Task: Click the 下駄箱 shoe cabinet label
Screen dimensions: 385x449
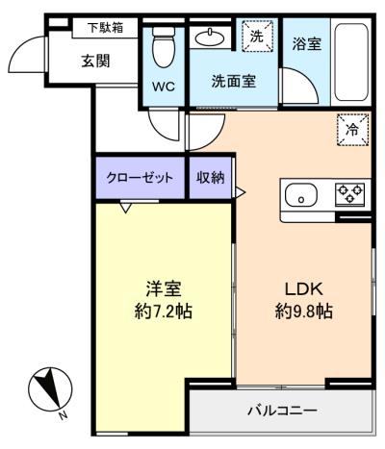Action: click(106, 28)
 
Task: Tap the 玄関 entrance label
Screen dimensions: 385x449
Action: click(95, 61)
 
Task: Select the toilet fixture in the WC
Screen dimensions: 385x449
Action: click(164, 47)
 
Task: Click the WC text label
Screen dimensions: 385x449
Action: click(164, 87)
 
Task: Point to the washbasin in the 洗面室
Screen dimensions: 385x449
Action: click(210, 38)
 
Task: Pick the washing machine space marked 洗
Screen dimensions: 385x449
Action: click(257, 36)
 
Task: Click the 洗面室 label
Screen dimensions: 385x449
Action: click(234, 82)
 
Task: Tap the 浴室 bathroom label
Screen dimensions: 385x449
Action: click(307, 44)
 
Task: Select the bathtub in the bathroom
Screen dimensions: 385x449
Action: click(351, 62)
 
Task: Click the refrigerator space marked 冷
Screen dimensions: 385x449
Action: click(352, 130)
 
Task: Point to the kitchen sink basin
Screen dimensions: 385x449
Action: click(301, 195)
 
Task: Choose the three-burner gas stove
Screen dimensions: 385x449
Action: click(350, 194)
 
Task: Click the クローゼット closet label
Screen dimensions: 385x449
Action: click(140, 177)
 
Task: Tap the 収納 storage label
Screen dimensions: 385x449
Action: click(211, 177)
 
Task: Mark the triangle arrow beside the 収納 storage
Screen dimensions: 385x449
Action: click(241, 192)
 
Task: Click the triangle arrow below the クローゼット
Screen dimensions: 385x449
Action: click(126, 208)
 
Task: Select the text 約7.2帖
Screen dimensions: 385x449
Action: click(164, 311)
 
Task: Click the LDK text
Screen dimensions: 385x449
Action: click(303, 289)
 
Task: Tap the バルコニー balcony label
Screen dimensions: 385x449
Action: click(282, 411)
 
